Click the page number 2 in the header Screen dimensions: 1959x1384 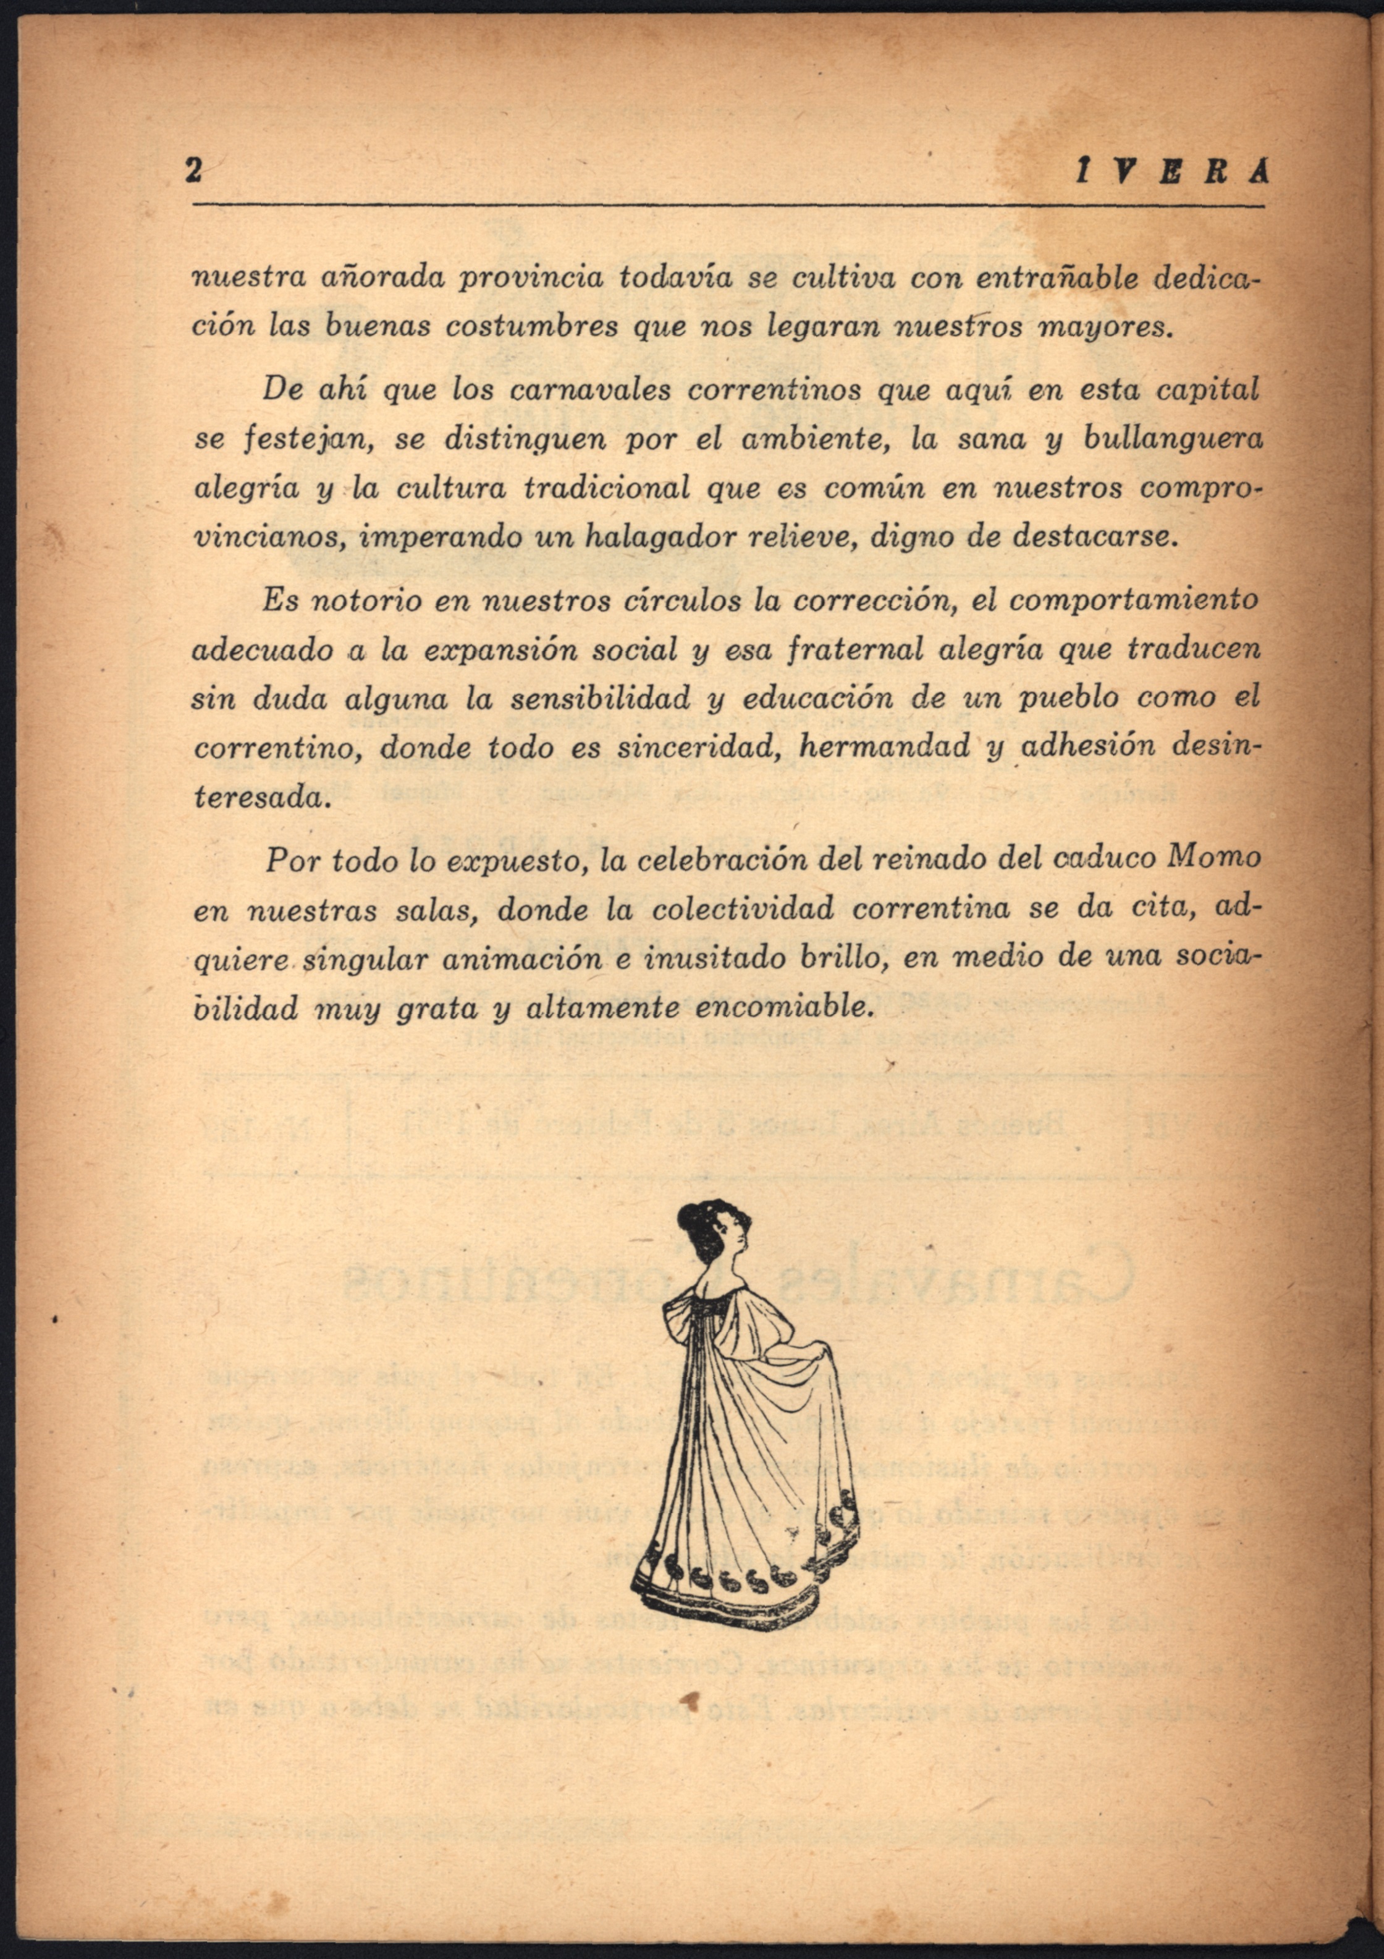click(193, 172)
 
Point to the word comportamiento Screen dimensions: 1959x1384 click(1133, 601)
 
